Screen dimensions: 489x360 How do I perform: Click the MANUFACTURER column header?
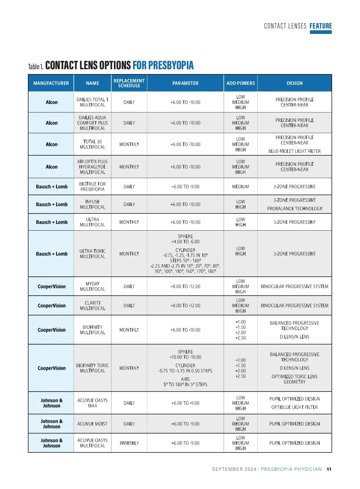[x=51, y=83]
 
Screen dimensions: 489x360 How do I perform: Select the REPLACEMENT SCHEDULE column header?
[x=129, y=83]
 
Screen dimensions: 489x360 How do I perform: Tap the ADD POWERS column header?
[x=241, y=83]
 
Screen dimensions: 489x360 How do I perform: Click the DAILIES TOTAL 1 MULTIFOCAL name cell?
[x=92, y=102]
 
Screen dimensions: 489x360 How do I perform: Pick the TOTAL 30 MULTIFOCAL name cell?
[x=92, y=144]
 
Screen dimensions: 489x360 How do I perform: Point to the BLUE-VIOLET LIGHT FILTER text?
[x=294, y=151]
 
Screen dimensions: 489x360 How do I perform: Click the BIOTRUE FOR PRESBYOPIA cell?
[x=92, y=186]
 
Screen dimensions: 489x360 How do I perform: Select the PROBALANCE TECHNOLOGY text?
[x=294, y=208]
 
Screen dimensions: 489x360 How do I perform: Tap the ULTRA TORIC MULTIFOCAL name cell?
[x=92, y=254]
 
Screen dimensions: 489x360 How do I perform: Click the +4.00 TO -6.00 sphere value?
[x=185, y=242]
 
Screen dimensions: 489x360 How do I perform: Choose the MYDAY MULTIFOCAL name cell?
[x=92, y=286]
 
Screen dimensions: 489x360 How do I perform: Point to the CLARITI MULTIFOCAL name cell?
[x=92, y=306]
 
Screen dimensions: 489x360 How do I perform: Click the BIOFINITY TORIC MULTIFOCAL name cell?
[x=92, y=368]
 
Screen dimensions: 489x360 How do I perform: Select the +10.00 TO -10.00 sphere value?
[x=185, y=357]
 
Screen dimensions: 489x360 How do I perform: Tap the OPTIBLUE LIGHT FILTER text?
[x=294, y=407]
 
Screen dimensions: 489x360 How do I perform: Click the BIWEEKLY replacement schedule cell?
[x=129, y=443]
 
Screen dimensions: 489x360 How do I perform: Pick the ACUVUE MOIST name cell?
[x=92, y=424]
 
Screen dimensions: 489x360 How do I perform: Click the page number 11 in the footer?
[x=329, y=469]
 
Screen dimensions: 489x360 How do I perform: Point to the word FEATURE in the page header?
[x=321, y=26]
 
